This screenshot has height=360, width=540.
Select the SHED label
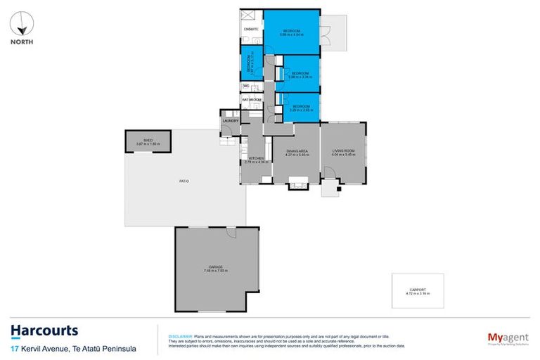click(x=148, y=141)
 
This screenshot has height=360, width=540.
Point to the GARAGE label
click(x=215, y=267)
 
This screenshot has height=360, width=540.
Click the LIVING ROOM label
click(x=343, y=151)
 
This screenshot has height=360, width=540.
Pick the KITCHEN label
click(x=257, y=159)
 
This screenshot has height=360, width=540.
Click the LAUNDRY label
click(x=231, y=121)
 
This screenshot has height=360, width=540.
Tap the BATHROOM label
click(x=252, y=100)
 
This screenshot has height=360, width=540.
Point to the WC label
click(x=246, y=86)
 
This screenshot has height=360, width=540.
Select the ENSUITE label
click(x=251, y=29)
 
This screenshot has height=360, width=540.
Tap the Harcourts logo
click(x=44, y=331)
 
